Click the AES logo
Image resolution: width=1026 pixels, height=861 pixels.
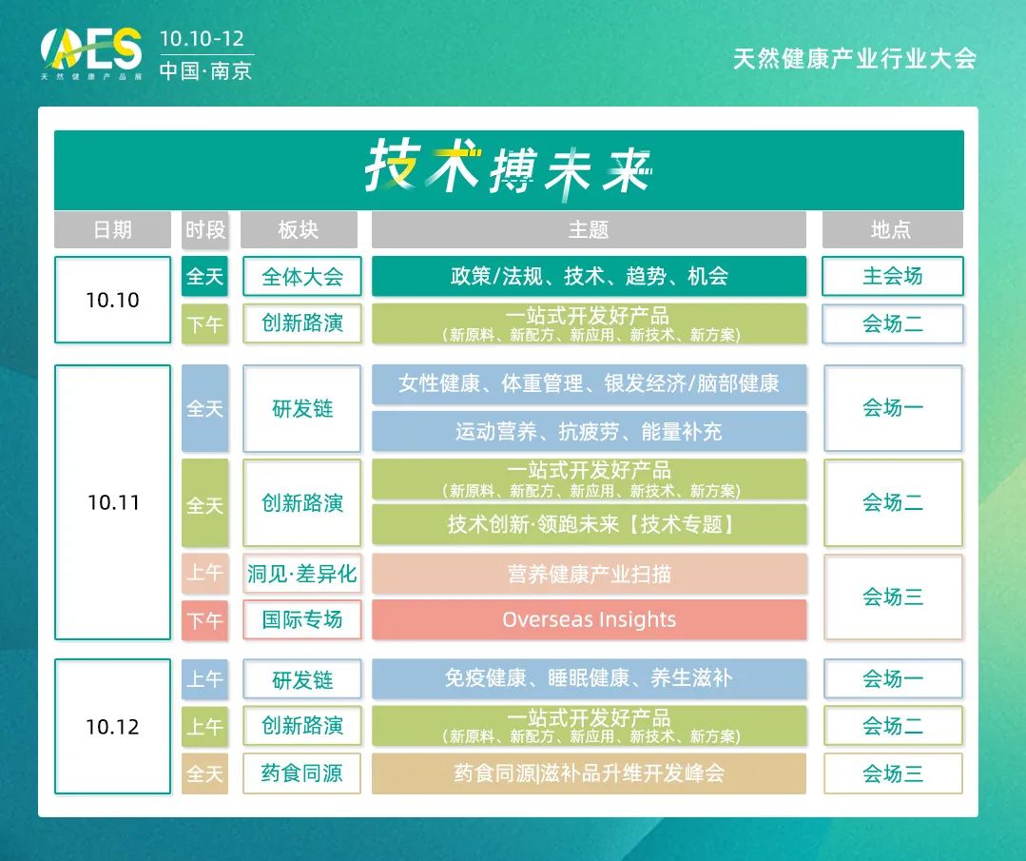[91, 52]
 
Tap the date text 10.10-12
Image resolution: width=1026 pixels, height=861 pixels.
[203, 39]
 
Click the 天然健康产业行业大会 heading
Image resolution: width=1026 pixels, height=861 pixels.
[855, 59]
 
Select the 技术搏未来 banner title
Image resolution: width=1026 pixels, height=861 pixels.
[509, 167]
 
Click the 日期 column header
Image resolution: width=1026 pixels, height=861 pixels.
[112, 230]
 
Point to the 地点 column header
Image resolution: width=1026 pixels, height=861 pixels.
[893, 230]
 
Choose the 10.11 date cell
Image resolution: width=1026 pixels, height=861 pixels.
[112, 502]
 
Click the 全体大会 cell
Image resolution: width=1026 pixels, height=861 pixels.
[301, 276]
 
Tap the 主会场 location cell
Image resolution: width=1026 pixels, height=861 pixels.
[893, 276]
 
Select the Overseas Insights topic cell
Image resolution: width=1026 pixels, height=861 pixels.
[589, 619]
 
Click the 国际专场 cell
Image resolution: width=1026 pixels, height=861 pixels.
[301, 619]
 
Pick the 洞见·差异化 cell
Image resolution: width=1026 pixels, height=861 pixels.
[301, 575]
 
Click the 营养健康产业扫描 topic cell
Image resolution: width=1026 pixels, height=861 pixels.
[589, 575]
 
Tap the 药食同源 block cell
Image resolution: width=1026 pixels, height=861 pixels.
[301, 773]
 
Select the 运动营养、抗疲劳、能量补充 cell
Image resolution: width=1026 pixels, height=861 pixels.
[589, 432]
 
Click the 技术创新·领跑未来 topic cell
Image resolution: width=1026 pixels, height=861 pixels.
[589, 524]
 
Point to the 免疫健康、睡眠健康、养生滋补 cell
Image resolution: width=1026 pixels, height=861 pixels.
[589, 679]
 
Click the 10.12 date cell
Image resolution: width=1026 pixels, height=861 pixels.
[112, 726]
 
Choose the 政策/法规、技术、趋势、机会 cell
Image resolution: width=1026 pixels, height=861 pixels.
[589, 276]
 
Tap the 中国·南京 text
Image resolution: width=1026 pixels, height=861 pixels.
[205, 70]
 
